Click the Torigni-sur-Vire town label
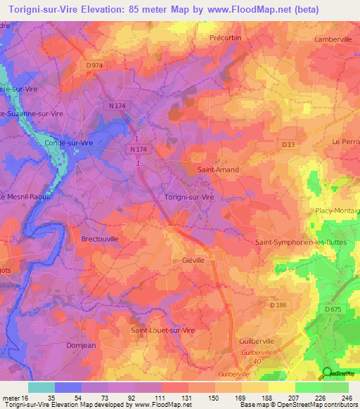(x=188, y=198)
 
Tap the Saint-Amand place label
(x=218, y=169)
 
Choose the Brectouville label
(x=100, y=239)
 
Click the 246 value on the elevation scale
(x=346, y=398)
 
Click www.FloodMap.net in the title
(x=243, y=10)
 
